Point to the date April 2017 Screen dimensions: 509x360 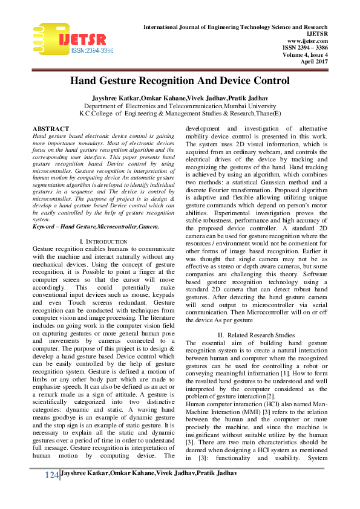315,61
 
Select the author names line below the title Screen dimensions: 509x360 180,97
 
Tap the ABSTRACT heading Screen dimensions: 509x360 50,129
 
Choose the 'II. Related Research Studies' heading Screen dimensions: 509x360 257,336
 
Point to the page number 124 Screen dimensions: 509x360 51,493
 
